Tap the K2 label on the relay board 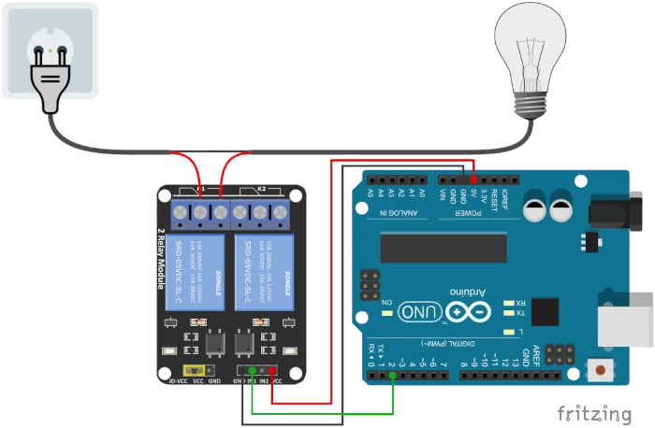pos(263,189)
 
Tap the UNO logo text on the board pos(417,312)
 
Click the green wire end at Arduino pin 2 pos(393,377)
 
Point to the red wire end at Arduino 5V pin pos(473,178)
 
